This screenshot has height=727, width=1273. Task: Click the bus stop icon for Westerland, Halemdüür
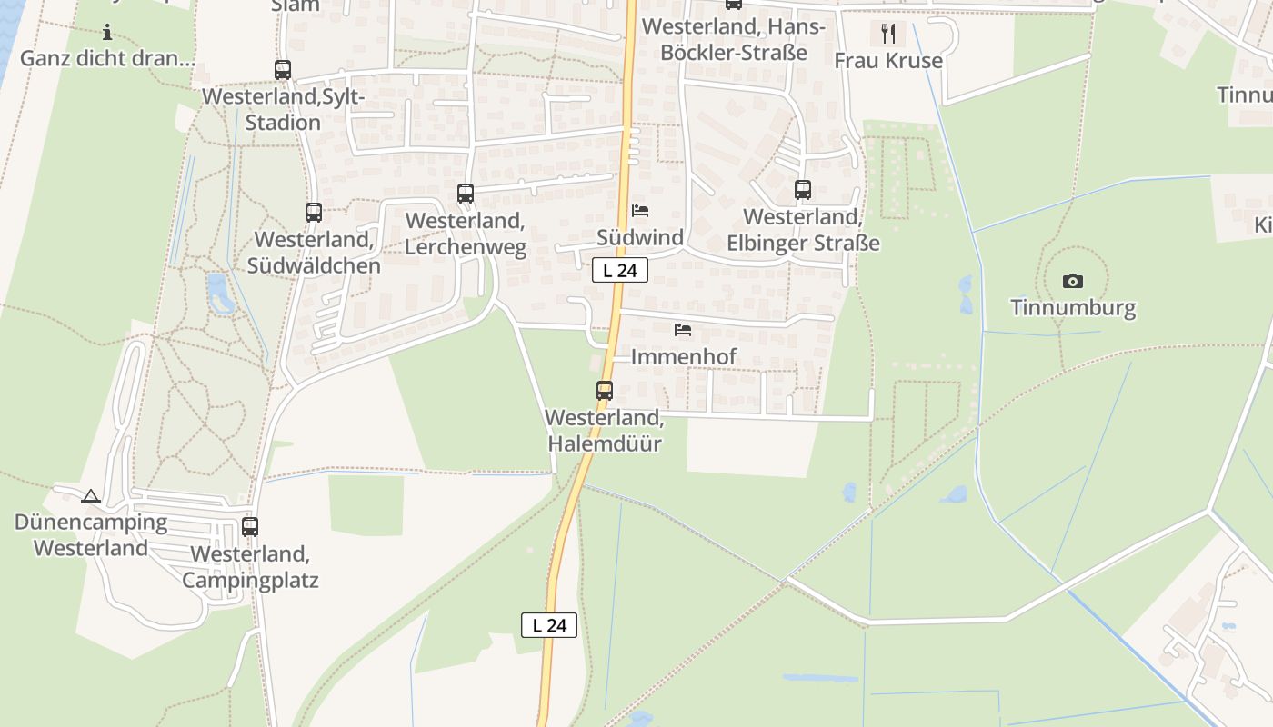605,391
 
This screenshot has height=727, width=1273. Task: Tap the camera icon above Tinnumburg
1073,281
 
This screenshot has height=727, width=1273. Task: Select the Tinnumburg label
1073,307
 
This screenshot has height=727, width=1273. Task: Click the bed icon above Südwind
640,211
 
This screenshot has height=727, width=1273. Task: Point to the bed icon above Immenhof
683,329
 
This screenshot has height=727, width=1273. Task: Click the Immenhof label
683,356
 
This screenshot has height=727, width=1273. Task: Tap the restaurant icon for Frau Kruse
888,34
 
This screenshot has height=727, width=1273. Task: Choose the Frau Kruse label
888,61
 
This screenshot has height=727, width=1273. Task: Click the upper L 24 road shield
620,270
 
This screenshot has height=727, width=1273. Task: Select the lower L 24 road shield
549,625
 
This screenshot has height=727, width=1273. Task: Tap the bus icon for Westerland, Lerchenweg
466,194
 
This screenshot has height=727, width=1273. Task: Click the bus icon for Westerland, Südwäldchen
314,213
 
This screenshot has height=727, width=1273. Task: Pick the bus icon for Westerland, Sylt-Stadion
283,70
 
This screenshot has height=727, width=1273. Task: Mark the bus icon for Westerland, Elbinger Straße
803,190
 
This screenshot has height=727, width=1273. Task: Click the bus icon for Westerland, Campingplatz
250,527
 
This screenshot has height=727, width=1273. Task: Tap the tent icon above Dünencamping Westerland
90,496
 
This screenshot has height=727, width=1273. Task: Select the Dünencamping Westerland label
91,535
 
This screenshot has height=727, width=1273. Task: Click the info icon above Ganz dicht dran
107,34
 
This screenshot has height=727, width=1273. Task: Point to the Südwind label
640,237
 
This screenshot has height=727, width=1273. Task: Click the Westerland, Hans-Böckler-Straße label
733,39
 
